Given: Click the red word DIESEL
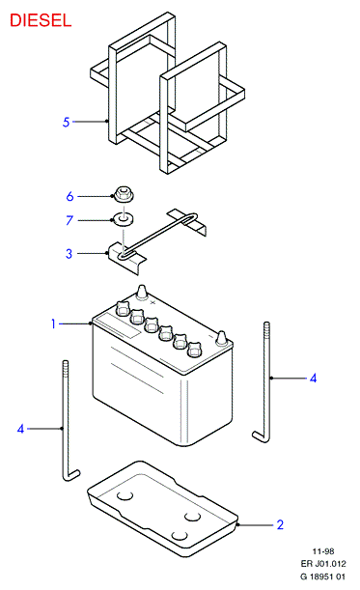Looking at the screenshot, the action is point(41,20).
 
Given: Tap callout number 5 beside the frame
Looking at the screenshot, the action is point(67,122).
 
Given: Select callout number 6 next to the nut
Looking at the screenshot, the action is point(69,196).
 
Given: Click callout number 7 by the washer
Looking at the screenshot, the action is point(69,220).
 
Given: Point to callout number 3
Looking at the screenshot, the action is point(69,253).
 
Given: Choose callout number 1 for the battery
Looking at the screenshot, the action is point(53,323).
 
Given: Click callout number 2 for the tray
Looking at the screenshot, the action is point(280,524).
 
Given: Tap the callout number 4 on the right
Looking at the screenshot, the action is point(313,378).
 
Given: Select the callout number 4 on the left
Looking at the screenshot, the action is point(20,429).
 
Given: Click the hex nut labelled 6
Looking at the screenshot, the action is point(123,194).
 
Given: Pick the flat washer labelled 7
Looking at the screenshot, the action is point(123,219).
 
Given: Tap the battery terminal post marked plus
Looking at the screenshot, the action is point(142,293).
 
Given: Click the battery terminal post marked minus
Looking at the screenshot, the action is point(221,338).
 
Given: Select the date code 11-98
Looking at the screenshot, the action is point(323,551).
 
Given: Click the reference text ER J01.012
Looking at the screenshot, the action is point(323,564).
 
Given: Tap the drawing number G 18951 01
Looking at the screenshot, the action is point(322,576).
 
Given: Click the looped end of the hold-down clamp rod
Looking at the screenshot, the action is point(190,218).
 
